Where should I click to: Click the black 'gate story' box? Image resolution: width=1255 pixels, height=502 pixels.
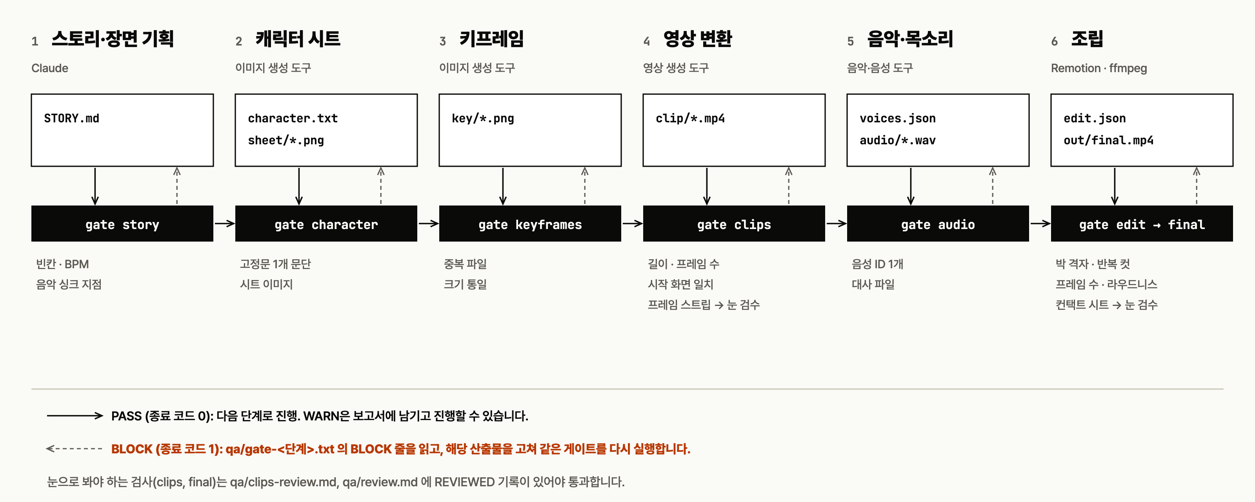coord(122,224)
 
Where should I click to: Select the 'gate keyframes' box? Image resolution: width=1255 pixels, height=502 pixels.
coord(530,224)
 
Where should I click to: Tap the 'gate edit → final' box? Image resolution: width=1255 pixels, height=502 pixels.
coord(1142,224)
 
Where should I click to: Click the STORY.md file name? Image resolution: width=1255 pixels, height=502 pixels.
coord(72,118)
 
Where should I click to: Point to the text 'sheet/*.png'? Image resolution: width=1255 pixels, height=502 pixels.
coord(286,140)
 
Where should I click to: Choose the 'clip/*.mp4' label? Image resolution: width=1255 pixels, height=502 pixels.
coord(690,118)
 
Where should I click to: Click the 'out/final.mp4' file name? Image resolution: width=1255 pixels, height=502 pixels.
coord(1108,140)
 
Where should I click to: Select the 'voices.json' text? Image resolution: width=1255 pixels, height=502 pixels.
coord(897,118)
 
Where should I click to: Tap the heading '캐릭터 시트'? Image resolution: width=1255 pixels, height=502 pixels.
coord(298,38)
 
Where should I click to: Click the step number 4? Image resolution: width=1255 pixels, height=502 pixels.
coord(646,42)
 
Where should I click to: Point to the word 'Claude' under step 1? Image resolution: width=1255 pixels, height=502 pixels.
coord(50,68)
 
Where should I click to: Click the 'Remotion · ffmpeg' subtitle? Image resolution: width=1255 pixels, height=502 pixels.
coord(1099,68)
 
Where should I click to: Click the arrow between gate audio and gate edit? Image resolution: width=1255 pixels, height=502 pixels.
coord(1040,224)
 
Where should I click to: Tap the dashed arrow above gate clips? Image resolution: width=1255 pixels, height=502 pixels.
coord(789,186)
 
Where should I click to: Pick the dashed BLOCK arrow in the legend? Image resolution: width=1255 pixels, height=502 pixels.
coord(74,448)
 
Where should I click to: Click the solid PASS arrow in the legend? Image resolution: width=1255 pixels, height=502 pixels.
coord(75,416)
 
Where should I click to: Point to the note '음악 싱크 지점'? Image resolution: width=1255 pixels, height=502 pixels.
coord(69,284)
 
